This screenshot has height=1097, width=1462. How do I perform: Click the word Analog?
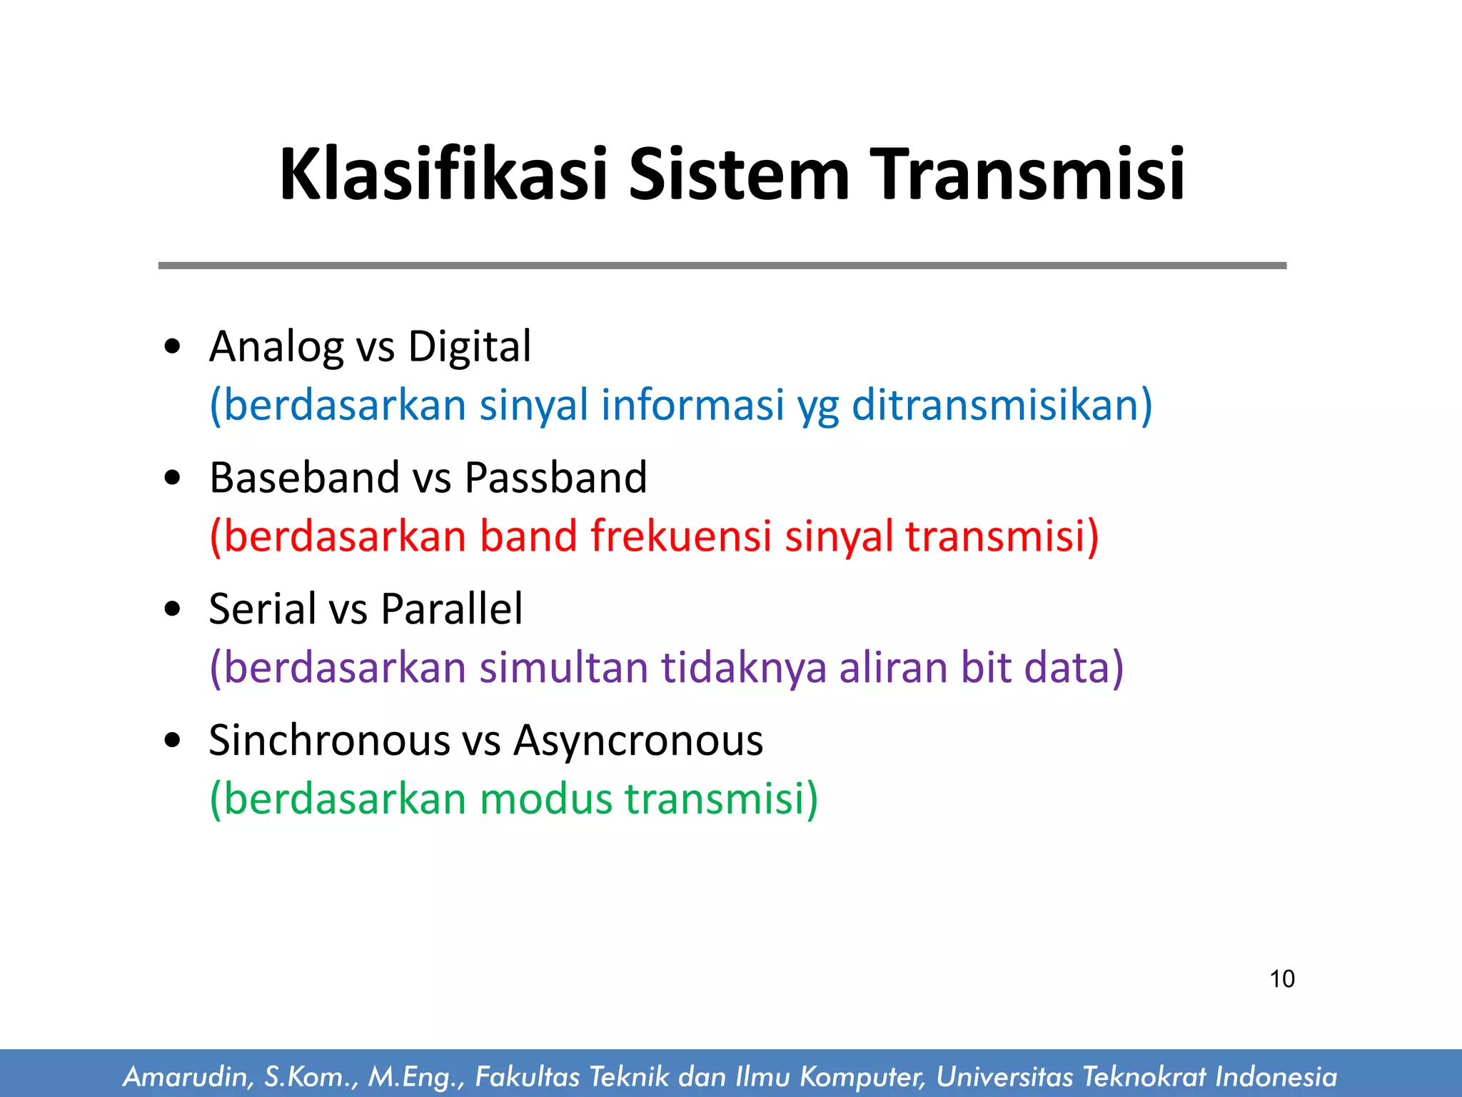click(276, 348)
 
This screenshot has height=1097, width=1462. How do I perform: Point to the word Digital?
click(469, 348)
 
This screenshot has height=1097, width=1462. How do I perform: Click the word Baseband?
click(303, 477)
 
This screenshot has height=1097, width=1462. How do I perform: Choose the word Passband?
click(555, 477)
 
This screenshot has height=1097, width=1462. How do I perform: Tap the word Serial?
click(262, 608)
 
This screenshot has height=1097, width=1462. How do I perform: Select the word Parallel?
click(451, 608)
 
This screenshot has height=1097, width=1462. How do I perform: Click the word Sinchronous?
click(329, 740)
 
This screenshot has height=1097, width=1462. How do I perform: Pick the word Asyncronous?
click(638, 740)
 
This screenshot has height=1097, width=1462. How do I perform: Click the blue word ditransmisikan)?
click(1002, 405)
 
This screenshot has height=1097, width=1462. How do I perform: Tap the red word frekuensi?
click(680, 536)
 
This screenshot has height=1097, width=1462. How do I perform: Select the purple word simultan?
click(563, 667)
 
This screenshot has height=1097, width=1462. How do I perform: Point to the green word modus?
click(545, 798)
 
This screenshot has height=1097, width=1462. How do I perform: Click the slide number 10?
click(1282, 978)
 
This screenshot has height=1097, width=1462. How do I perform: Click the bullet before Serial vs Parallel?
click(172, 610)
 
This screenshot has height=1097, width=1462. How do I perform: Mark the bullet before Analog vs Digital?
click(172, 348)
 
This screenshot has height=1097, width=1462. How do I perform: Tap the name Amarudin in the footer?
click(185, 1076)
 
